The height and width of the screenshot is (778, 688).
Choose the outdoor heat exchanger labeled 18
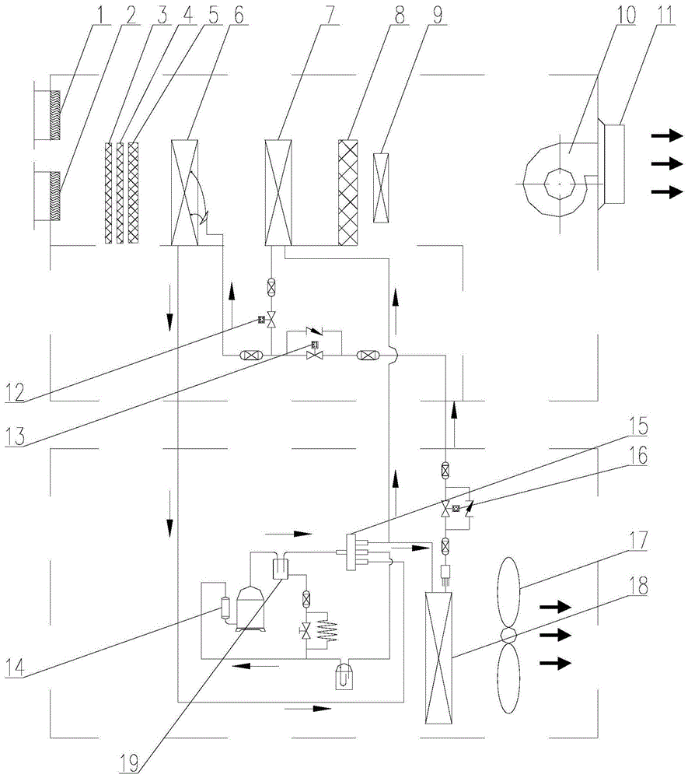pyautogui.click(x=438, y=657)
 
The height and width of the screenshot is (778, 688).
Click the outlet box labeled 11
pyautogui.click(x=613, y=163)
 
